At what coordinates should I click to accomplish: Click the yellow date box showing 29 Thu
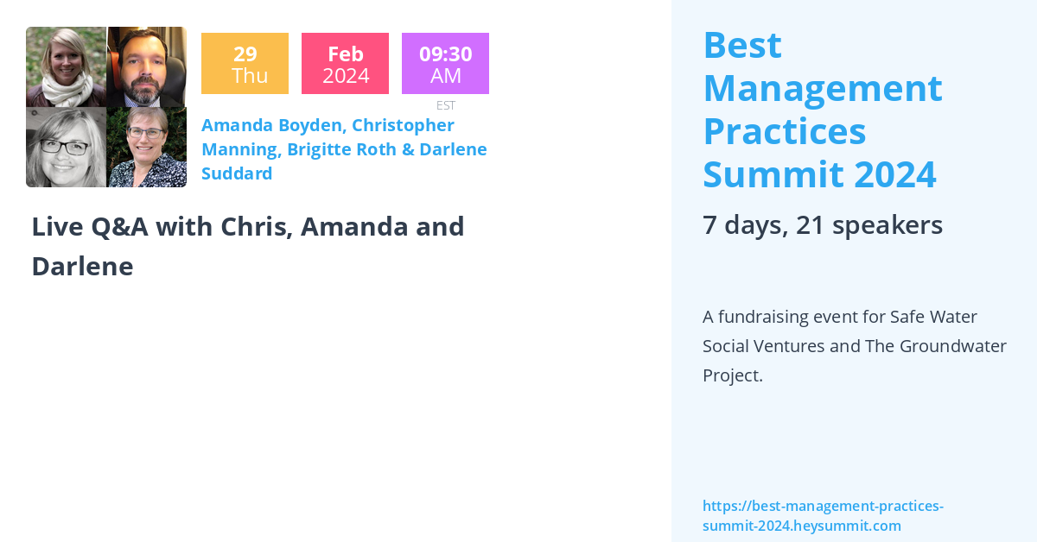pos(245,64)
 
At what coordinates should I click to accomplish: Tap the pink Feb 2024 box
pos(345,64)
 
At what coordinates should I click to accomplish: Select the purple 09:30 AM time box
pos(445,64)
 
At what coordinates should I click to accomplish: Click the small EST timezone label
pos(446,105)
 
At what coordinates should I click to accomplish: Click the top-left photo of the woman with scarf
pos(66,67)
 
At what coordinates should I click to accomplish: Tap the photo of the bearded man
pos(146,67)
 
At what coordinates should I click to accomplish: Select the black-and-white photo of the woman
pos(66,147)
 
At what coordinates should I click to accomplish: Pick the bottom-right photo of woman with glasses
pos(146,147)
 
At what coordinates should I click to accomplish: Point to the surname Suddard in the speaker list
pos(237,173)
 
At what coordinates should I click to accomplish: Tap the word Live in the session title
pos(55,227)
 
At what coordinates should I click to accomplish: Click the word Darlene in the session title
pos(82,267)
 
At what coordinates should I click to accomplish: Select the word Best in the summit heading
pos(742,45)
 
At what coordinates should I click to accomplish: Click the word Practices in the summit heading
pos(784,130)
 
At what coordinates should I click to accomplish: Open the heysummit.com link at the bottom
pos(822,515)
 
